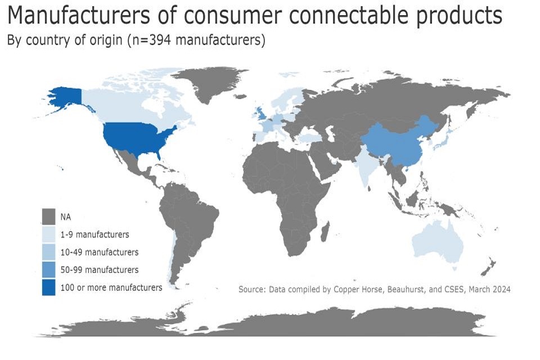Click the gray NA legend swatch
[48, 217]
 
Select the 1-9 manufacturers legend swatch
[48, 234]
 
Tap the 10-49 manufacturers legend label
[99, 252]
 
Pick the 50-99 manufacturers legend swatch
[48, 270]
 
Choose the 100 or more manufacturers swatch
[48, 287]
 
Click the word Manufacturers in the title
[79, 15]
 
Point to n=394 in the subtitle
[151, 40]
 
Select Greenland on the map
[210, 83]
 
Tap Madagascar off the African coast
[325, 232]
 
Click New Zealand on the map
[489, 267]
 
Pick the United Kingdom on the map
[260, 114]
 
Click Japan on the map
[443, 139]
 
